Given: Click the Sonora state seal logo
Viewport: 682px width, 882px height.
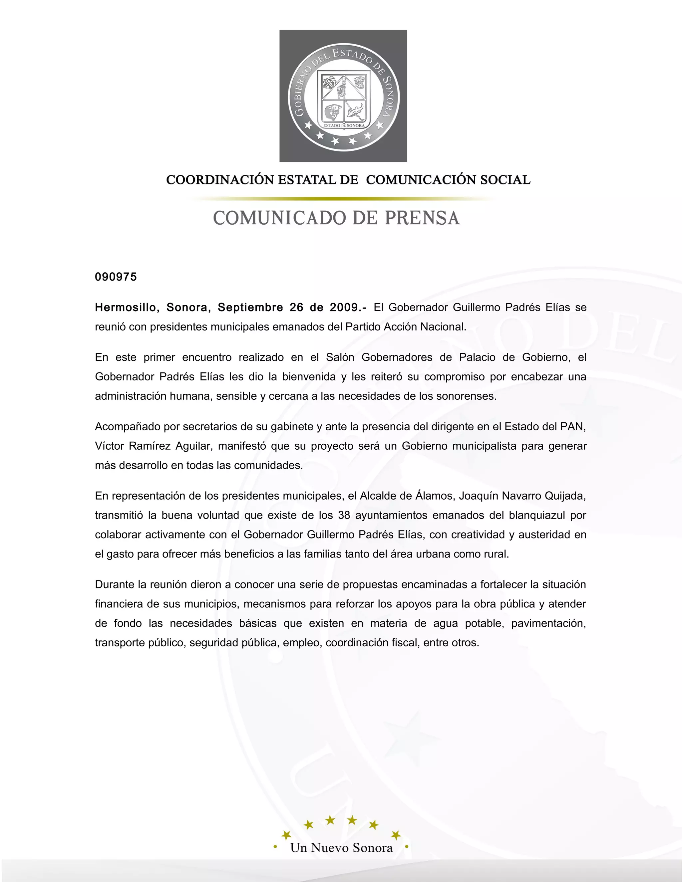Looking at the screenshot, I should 343,96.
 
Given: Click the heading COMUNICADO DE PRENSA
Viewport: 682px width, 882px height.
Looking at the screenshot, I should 336,218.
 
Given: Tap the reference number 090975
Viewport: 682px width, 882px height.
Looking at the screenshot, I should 116,277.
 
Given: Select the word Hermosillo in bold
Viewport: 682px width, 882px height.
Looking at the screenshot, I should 125,308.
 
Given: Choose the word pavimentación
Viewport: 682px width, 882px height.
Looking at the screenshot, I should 548,623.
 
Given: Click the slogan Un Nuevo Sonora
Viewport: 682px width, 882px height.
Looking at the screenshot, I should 341,848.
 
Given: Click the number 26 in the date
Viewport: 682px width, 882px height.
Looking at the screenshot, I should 296,308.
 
